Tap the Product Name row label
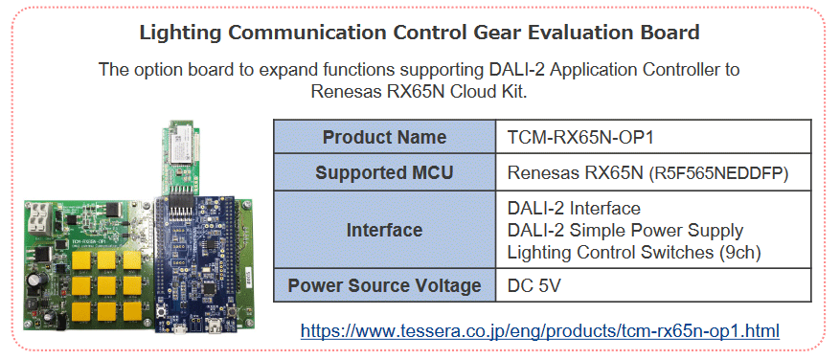point(383,137)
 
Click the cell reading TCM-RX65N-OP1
point(566,137)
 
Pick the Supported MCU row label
point(383,173)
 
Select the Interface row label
point(383,231)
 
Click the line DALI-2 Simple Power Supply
point(624,231)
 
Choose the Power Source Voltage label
point(383,285)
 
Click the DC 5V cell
point(534,285)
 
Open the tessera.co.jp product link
point(539,331)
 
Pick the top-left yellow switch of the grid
point(82,260)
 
